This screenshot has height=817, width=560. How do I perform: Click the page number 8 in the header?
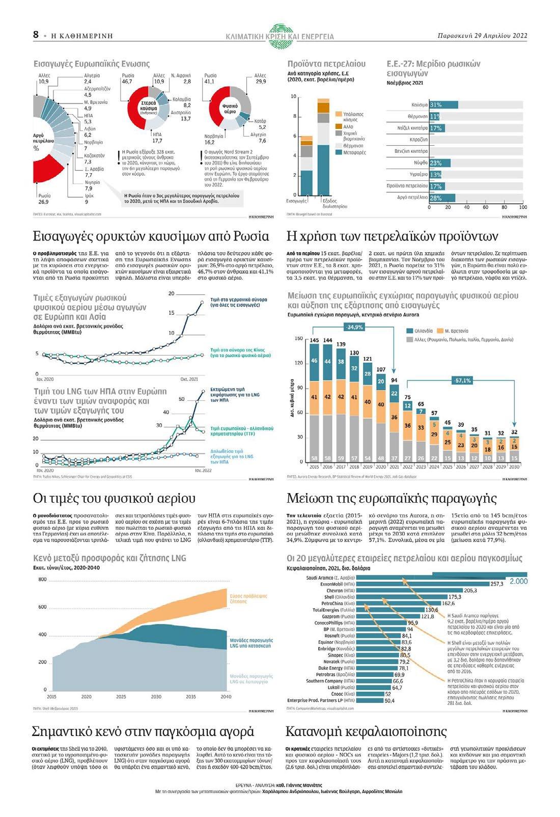36,35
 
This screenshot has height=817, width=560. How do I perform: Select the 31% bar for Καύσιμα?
443,105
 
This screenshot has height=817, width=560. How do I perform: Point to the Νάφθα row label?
421,163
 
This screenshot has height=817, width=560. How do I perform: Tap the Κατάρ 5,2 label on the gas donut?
259,124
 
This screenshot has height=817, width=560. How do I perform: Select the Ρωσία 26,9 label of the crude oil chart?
43,199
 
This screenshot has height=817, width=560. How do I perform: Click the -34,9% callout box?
355,327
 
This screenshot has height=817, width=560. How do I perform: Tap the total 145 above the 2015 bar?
314,340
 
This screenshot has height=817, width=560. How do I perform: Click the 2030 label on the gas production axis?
514,466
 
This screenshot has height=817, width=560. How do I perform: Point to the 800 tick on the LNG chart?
42,580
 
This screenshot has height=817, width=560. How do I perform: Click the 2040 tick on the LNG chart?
226,696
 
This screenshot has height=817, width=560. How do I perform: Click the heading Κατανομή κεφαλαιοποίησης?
366,731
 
